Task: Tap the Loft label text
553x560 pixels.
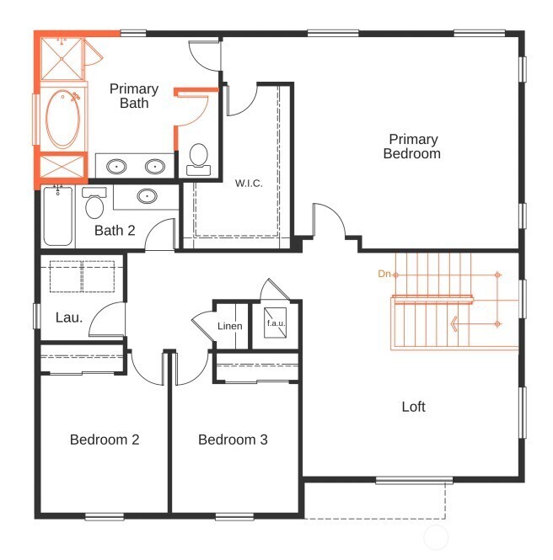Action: [x=413, y=407]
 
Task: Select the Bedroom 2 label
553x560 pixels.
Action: [x=105, y=440]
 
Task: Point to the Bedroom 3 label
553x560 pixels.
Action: [x=233, y=440]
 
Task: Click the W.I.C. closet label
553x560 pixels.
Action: [x=250, y=183]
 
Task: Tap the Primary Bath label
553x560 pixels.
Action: [x=134, y=96]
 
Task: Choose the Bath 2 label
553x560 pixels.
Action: [x=115, y=230]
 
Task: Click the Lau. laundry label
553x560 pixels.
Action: [x=69, y=317]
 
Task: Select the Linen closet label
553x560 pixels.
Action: [x=229, y=326]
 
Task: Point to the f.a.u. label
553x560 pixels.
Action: [x=276, y=323]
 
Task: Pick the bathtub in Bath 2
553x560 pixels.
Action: [x=57, y=216]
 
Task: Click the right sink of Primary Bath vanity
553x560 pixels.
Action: [x=155, y=167]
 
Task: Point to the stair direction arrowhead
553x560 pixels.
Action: [x=454, y=323]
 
